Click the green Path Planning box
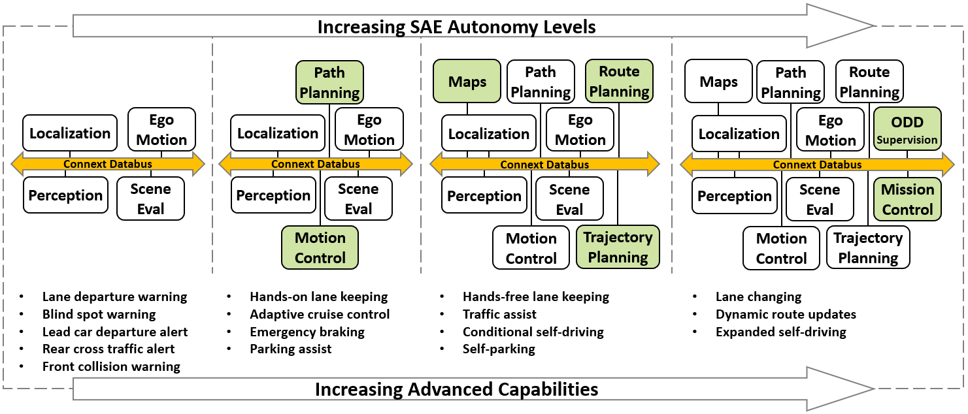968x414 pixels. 329,83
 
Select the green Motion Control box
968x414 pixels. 320,247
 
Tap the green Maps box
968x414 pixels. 467,82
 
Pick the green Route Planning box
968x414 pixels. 618,82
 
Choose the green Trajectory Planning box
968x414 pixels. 618,247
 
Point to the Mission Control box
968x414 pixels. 907,199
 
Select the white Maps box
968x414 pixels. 718,82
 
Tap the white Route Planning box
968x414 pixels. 869,82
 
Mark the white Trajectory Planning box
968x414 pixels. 867,247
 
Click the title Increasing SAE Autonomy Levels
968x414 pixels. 456,27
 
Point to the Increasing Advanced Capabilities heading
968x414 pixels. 456,390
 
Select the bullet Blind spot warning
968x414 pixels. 99,314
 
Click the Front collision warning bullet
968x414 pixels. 111,366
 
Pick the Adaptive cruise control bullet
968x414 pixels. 320,314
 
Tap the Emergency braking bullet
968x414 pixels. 307,332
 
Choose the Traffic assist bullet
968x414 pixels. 499,314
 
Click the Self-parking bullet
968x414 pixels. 499,349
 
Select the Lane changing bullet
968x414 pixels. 758,296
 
